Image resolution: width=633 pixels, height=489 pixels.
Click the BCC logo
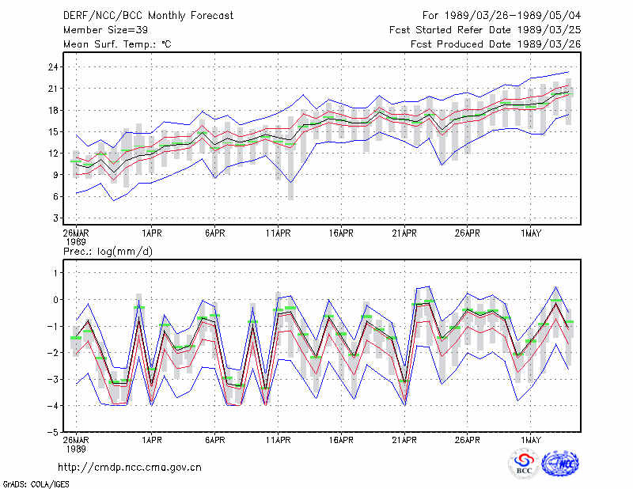524,464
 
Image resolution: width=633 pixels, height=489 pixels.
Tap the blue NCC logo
560,464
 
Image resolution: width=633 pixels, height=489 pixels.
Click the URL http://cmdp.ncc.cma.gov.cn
130,468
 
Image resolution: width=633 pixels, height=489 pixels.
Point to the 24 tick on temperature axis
53,67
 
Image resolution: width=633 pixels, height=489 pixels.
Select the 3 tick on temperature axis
56,218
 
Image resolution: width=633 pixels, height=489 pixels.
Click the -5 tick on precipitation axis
53,432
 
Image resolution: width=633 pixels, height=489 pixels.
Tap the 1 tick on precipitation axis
55,273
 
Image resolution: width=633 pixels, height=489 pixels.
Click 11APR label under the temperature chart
279,233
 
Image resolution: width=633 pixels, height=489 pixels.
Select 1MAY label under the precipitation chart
531,440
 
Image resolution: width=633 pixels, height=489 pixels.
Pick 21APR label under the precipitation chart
404,440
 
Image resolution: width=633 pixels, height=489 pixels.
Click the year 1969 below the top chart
76,242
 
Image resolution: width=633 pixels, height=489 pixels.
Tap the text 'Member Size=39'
106,30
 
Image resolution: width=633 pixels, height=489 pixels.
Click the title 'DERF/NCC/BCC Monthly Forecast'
148,16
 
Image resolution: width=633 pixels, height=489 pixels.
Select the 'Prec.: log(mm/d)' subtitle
108,252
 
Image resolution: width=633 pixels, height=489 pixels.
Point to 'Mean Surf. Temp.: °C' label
117,44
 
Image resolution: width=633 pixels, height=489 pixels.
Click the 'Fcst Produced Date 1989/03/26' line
496,44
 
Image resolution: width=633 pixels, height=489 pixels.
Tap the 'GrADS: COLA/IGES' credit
36,484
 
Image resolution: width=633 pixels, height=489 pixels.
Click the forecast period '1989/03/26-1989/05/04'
513,16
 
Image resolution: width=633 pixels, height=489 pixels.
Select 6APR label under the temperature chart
214,233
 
